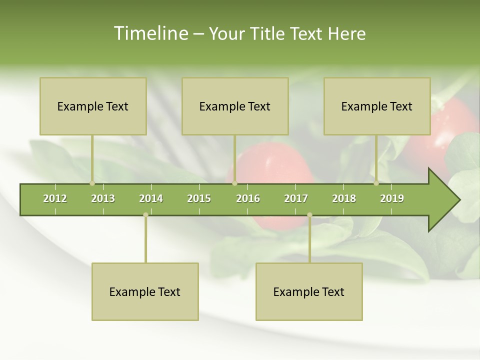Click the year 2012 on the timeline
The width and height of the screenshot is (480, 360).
coord(55,198)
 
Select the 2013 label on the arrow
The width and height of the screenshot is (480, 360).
coord(103,198)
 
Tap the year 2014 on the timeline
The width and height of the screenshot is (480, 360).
coord(151,198)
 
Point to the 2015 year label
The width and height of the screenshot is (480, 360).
coord(199,198)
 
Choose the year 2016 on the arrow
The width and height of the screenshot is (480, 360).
coord(248,198)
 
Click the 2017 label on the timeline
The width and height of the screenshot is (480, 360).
coord(296,198)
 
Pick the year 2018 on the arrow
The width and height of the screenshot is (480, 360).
coord(344,198)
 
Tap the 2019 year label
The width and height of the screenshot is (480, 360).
coord(392,198)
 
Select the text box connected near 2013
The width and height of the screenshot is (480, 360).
coord(93,106)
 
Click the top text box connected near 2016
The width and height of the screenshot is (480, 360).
coord(235,106)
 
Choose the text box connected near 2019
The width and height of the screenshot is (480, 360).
coord(377,106)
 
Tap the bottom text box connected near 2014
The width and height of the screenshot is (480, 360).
coord(145,291)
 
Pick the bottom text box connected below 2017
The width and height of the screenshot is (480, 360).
coord(309,291)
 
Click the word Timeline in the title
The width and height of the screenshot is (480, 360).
coord(150,33)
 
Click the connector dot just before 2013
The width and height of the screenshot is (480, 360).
coord(92,183)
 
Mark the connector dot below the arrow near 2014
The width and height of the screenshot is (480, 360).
coord(145,215)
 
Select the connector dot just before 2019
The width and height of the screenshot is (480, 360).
coord(376,183)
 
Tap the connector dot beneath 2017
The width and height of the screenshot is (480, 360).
coord(309,215)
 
